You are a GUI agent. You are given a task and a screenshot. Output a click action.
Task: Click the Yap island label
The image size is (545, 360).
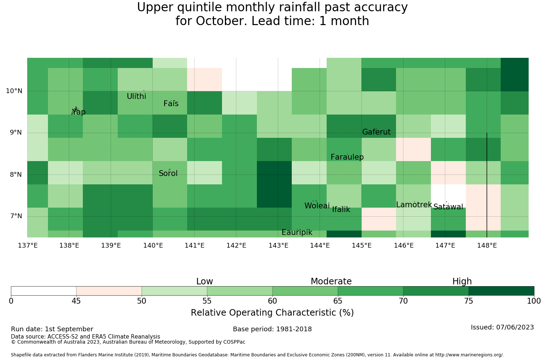click(x=78, y=112)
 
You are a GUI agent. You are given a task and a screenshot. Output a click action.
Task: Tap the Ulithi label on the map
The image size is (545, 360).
click(x=137, y=96)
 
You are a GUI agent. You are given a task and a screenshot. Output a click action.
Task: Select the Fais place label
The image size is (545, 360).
click(x=171, y=104)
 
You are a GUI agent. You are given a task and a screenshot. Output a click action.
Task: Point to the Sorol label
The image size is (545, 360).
click(x=168, y=173)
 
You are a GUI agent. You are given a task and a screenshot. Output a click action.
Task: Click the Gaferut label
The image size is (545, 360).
click(x=376, y=132)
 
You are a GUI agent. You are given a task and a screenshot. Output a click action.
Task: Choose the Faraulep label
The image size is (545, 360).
click(x=347, y=157)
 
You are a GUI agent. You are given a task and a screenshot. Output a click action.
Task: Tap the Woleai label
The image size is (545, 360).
click(x=317, y=205)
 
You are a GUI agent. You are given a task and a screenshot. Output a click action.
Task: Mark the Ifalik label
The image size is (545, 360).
click(x=341, y=209)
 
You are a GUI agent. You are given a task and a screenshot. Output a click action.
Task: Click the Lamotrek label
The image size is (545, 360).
click(x=414, y=205)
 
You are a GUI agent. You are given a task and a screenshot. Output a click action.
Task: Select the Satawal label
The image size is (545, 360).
click(x=448, y=207)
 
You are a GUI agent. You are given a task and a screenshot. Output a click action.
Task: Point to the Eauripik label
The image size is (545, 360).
click(x=297, y=232)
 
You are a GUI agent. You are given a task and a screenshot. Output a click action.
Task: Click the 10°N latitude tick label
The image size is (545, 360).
click(x=14, y=91)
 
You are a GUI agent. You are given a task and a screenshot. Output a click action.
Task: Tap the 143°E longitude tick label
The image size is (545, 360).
click(x=278, y=245)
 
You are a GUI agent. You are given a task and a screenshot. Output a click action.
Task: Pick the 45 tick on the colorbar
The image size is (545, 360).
click(x=76, y=301)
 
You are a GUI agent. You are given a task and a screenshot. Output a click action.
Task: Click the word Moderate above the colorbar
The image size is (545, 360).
click(x=331, y=281)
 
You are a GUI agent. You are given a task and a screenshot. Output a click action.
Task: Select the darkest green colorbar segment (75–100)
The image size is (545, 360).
click(x=501, y=291)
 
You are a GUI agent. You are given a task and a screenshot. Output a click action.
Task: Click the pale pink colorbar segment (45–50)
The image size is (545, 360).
click(x=109, y=291)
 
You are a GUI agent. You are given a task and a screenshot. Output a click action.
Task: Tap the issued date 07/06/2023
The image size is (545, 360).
click(x=515, y=327)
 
